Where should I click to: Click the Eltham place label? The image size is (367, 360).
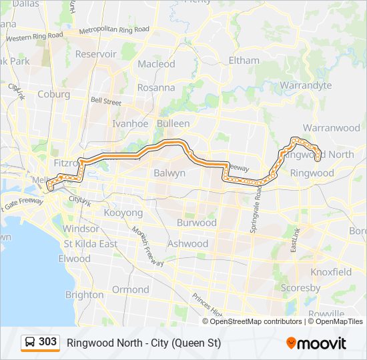tap(244, 61)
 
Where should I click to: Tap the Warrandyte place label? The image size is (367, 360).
tap(306, 85)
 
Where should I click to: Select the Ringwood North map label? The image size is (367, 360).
tap(323, 155)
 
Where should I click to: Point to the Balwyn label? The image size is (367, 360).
tap(169, 173)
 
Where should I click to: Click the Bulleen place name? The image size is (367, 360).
tap(173, 123)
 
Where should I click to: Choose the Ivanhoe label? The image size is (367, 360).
tap(130, 123)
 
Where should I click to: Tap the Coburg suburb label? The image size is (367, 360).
tap(53, 94)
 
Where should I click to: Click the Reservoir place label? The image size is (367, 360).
tap(96, 54)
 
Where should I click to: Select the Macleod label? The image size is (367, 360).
tap(156, 65)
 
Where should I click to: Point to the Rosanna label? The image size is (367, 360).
tap(156, 87)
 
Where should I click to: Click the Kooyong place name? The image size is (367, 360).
tap(123, 213)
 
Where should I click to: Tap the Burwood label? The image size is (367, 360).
tap(197, 223)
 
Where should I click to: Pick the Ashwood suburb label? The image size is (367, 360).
tap(188, 243)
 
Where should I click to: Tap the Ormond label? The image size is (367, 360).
tap(131, 289)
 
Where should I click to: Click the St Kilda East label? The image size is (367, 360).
tap(90, 244)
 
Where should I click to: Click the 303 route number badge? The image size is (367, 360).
tap(40, 343)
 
